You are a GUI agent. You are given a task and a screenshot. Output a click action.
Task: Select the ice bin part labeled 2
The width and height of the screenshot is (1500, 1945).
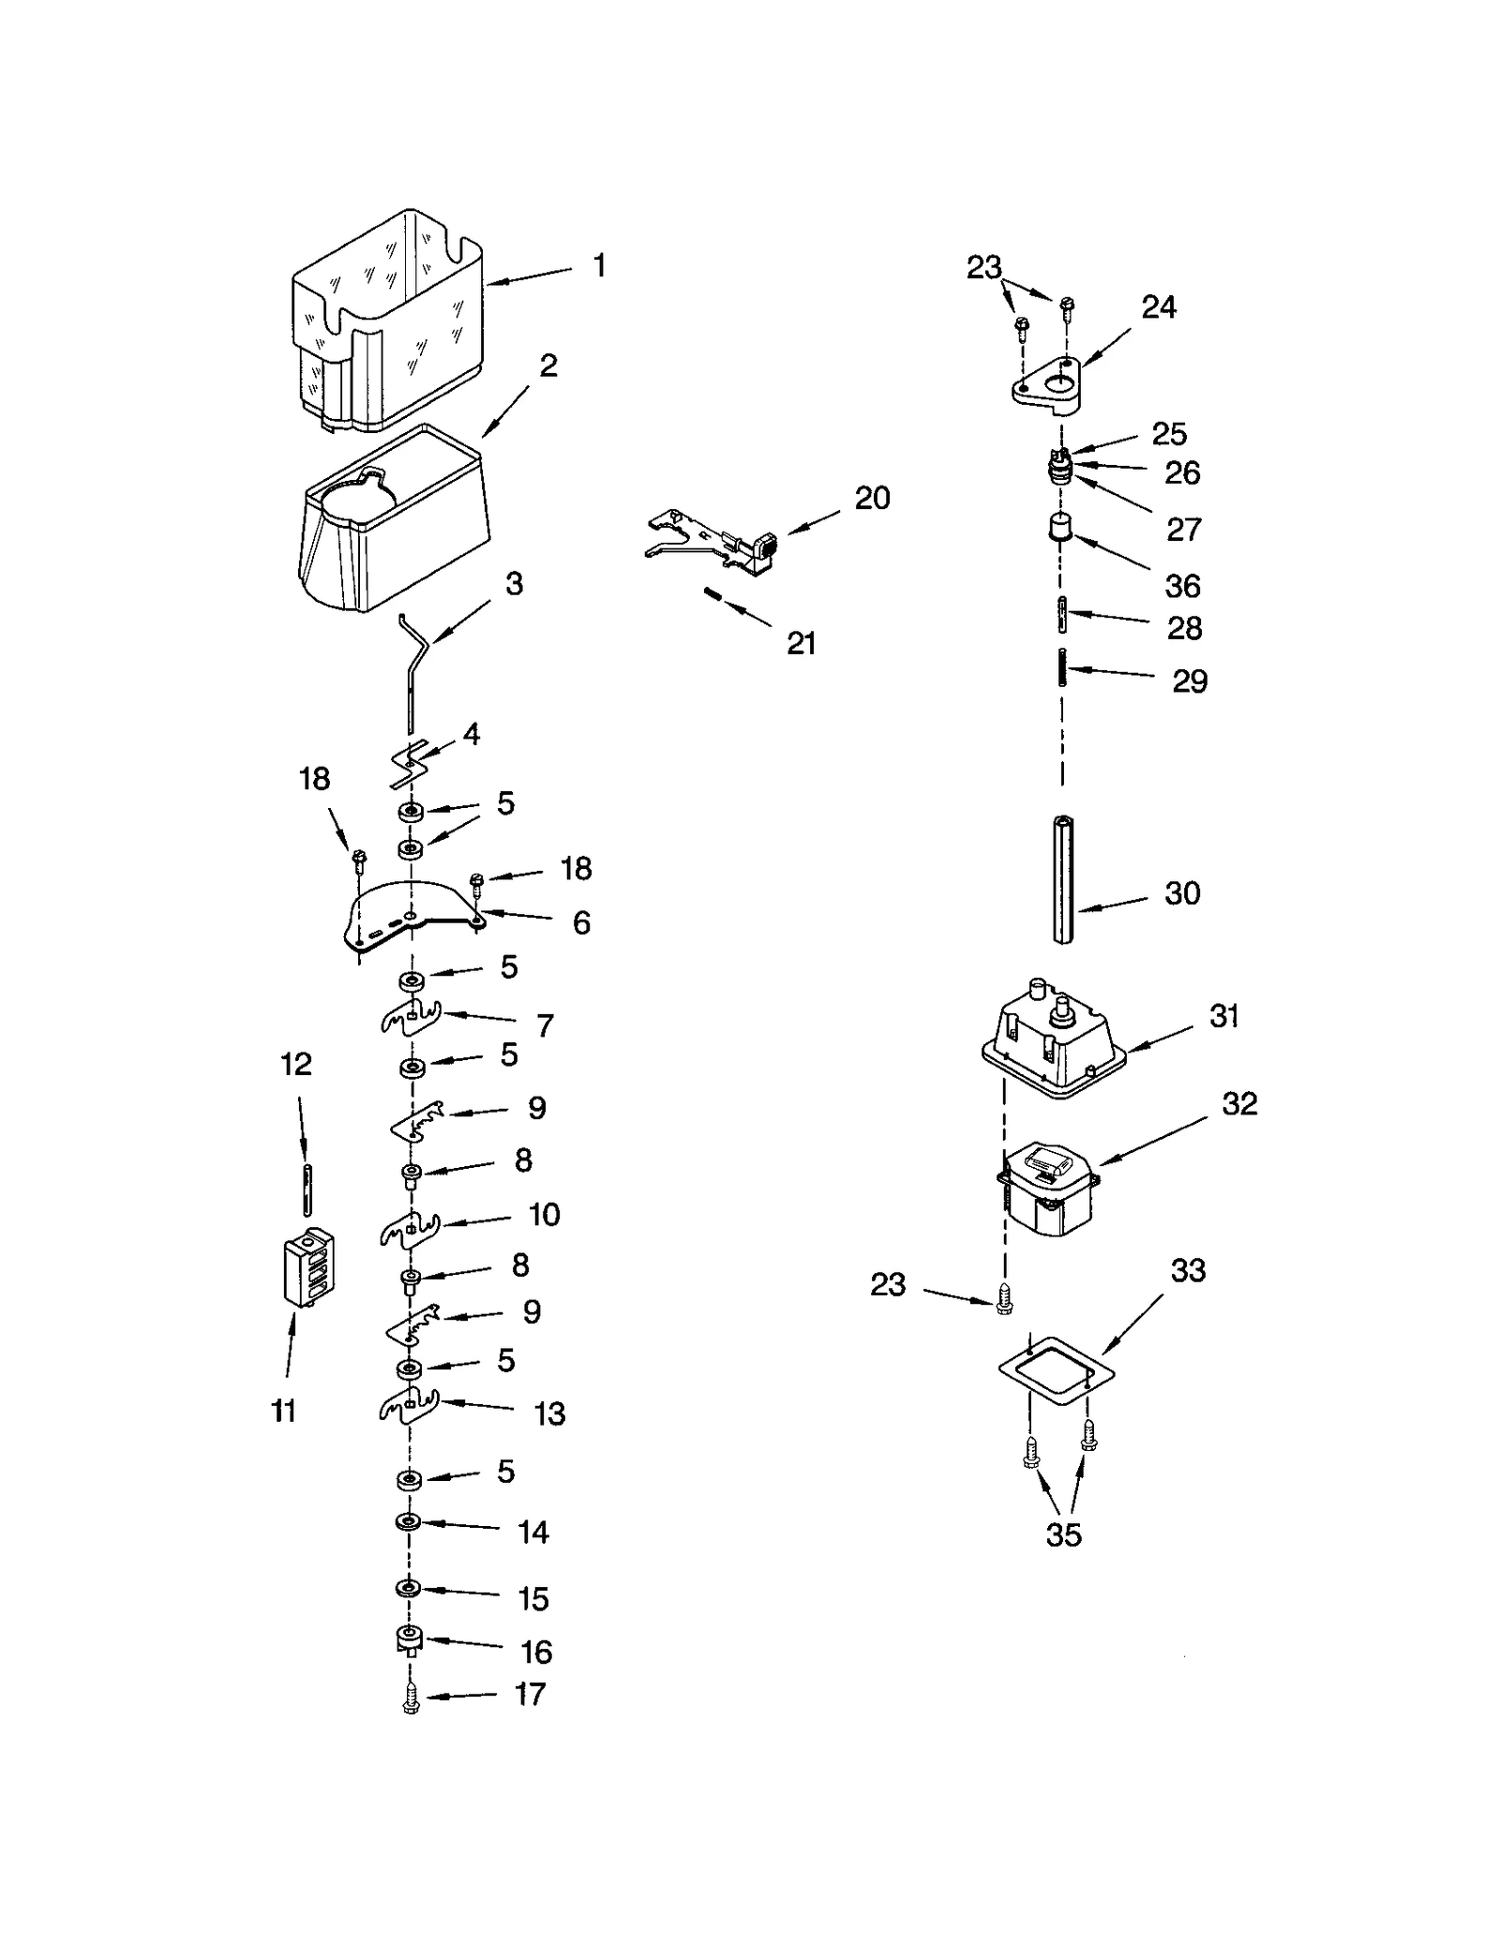click(394, 525)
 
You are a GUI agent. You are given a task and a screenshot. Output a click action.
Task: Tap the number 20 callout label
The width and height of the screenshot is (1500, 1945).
click(872, 498)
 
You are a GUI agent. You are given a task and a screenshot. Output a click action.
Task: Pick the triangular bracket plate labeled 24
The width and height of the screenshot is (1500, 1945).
click(1047, 384)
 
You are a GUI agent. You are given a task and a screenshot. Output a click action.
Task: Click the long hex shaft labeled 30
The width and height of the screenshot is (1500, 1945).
click(1062, 880)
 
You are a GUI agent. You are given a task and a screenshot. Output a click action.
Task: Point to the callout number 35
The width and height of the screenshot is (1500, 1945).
click(1063, 1534)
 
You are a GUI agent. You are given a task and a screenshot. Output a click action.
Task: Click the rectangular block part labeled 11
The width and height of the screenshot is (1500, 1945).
click(308, 1265)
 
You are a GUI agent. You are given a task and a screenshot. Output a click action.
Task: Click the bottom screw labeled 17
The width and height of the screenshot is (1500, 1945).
click(410, 1699)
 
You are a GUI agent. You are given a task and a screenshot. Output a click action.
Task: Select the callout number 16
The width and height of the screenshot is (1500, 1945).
click(536, 1652)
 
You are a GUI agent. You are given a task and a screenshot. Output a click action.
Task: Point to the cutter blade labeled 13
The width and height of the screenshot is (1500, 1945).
click(409, 1406)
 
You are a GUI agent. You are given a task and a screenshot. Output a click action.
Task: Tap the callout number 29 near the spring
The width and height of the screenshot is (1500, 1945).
click(1189, 681)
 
